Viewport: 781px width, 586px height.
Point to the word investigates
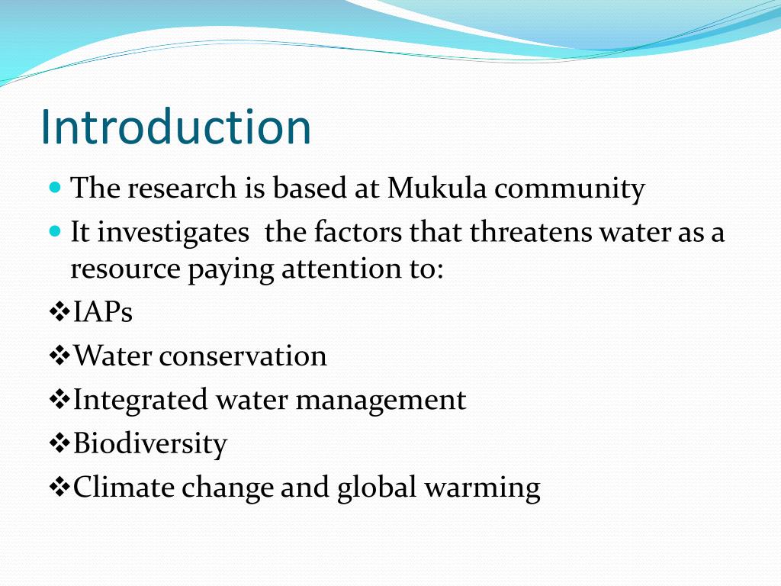pos(173,233)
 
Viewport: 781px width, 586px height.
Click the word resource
pos(126,269)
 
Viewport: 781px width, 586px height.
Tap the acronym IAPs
pos(103,312)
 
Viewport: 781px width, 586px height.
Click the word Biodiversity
pos(150,443)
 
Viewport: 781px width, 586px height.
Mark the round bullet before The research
pos(54,186)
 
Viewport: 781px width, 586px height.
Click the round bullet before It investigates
pos(54,230)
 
